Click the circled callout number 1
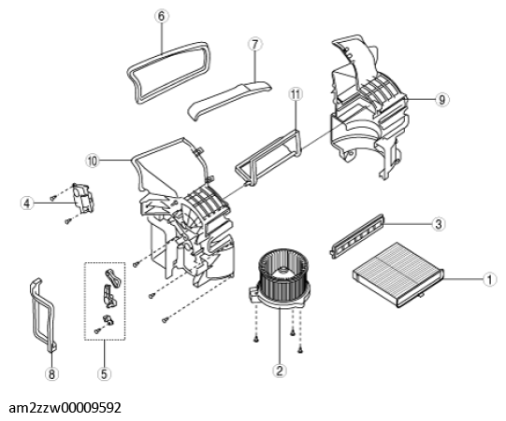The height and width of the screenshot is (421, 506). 489,279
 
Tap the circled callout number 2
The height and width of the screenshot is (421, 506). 280,371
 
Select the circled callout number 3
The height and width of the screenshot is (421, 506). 439,223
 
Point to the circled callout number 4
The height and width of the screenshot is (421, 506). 27,203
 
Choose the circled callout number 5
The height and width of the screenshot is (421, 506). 104,373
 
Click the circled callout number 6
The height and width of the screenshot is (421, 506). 162,16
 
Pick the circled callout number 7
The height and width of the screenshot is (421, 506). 255,45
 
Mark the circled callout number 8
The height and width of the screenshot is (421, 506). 51,374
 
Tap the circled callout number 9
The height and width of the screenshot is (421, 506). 441,100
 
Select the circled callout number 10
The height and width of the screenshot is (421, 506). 93,161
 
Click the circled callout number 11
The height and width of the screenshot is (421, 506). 296,94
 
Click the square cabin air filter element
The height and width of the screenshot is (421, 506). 398,274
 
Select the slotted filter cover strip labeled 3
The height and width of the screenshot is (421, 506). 357,236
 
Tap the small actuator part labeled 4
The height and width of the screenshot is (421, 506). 83,197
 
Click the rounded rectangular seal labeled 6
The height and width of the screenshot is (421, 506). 168,73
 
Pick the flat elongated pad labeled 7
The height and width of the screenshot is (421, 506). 229,100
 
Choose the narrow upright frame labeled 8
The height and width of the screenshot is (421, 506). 43,315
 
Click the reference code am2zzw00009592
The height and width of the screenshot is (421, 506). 65,408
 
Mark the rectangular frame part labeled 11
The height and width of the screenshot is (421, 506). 268,157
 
